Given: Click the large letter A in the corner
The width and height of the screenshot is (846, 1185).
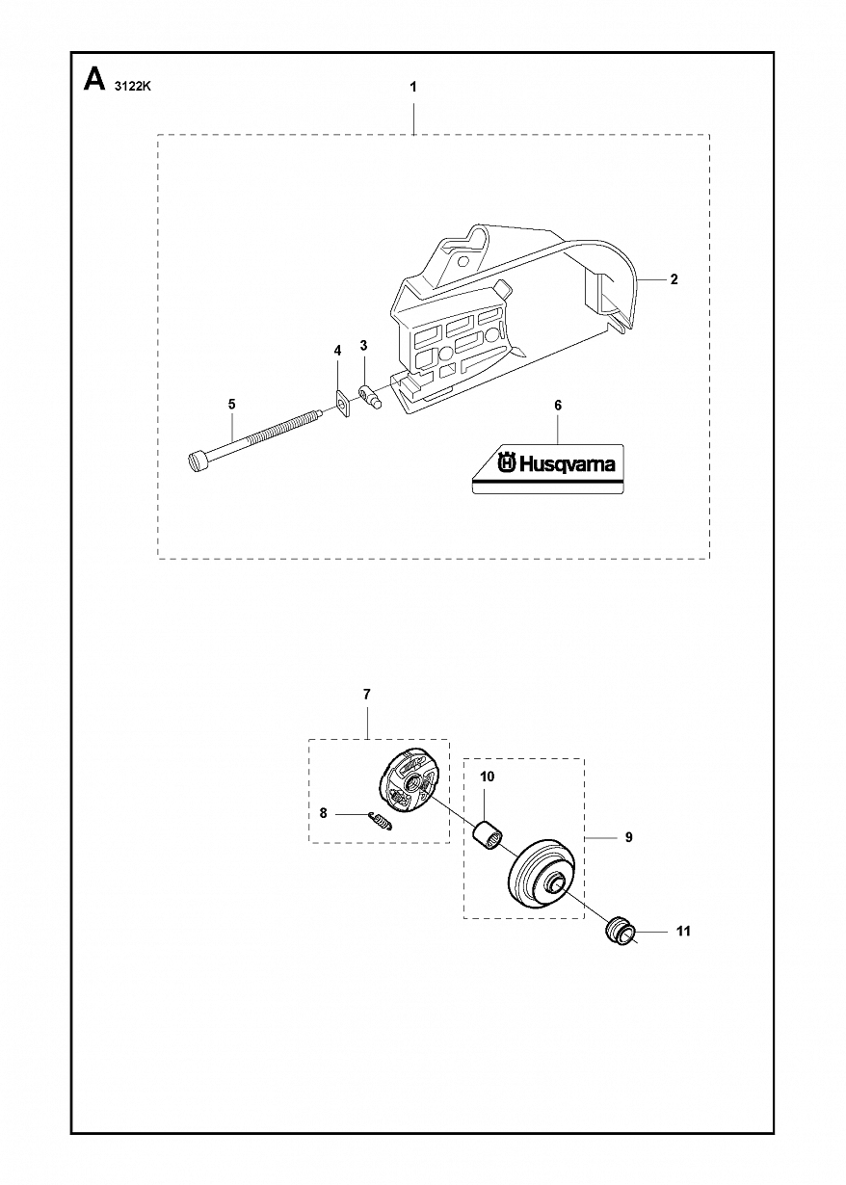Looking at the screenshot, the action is tap(94, 82).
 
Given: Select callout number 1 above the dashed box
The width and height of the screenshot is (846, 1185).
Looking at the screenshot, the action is tap(413, 88).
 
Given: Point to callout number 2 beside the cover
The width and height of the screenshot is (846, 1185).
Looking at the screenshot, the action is tap(674, 278).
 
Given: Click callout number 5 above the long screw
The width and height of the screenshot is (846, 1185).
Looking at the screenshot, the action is tap(232, 405).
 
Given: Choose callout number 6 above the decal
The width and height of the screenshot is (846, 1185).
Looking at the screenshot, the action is tap(558, 406).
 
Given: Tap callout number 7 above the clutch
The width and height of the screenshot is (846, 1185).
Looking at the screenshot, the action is tap(367, 695).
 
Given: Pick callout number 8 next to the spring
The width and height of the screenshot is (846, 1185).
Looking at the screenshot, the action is tap(323, 813).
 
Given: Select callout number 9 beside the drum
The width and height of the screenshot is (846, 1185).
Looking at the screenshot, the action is tap(628, 837).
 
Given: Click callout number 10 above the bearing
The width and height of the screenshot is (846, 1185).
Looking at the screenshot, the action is tap(487, 777).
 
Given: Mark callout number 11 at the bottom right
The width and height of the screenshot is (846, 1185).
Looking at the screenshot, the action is tap(683, 931).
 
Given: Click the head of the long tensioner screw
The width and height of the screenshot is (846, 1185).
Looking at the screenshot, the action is tap(197, 461).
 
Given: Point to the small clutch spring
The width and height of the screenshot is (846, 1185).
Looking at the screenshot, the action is tap(380, 821).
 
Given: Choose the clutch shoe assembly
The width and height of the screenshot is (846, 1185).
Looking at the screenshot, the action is tap(411, 788).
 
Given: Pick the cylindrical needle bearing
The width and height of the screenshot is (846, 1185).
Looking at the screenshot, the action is tap(487, 837).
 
